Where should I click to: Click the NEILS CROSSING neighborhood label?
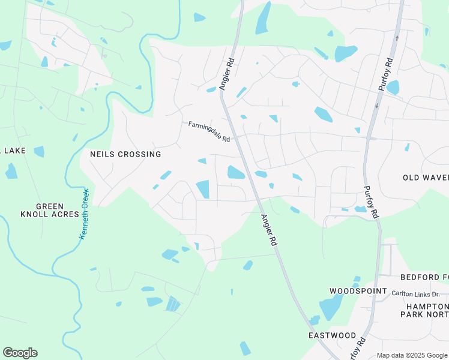pos(125,154)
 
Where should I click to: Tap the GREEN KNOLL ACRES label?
pos(50,209)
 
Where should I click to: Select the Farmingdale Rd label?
pos(209,132)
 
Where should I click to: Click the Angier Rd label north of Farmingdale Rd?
pos(226,74)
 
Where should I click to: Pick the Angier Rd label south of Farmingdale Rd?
pos(268,230)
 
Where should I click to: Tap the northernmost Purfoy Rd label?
pos(385,74)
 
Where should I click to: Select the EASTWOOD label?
pos(332,335)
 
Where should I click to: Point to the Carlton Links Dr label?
pos(415,294)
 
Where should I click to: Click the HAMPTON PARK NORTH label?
pos(424,309)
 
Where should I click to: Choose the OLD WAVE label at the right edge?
pos(426,178)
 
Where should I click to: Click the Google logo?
pos(20,353)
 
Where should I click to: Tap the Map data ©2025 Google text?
pos(411,355)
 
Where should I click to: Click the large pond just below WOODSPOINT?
pos(331,308)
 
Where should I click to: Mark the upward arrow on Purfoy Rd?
pos(396,37)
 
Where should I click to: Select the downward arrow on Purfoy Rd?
pos(376,106)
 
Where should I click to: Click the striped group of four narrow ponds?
pos(172,304)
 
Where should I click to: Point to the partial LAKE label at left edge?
pos(13,150)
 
